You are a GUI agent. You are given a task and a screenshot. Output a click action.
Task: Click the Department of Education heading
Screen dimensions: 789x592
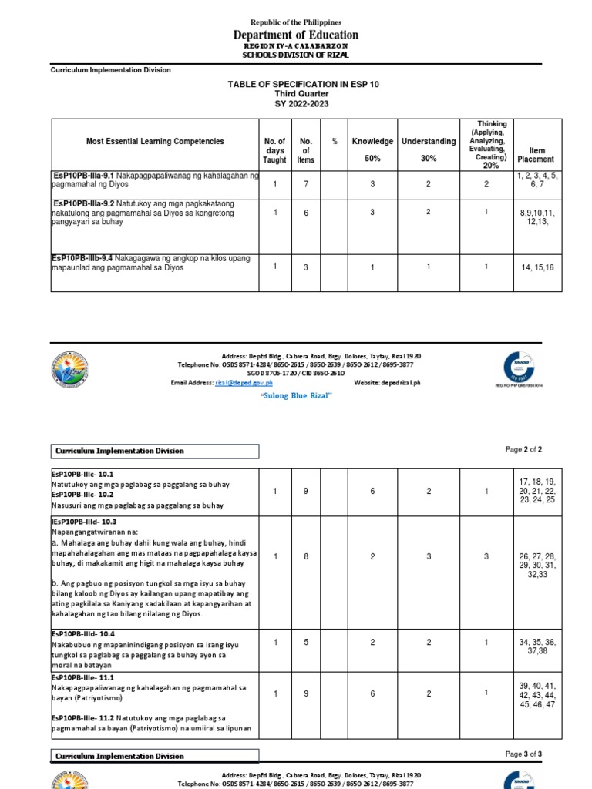[296, 35]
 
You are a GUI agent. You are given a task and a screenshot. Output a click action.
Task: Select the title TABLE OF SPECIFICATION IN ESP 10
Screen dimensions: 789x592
[296, 84]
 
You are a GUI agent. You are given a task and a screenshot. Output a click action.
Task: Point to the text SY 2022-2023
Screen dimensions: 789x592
[296, 103]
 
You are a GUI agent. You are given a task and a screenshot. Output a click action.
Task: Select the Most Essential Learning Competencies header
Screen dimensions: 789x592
[155, 141]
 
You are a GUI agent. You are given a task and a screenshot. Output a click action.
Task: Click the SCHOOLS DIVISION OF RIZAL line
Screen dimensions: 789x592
[296, 55]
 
